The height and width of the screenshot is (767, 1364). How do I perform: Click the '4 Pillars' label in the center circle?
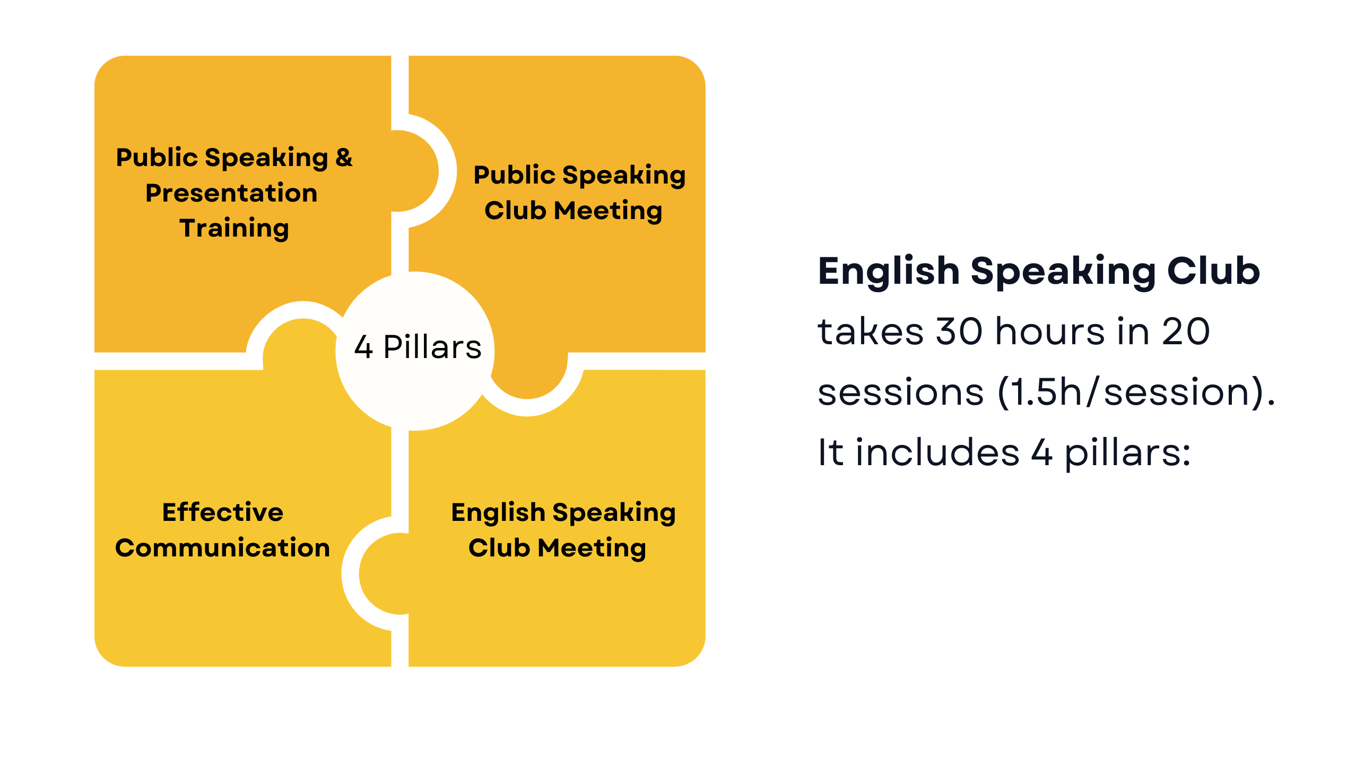point(418,347)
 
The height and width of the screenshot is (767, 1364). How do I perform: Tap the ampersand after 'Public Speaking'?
point(344,158)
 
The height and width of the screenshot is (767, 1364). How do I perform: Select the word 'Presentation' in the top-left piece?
point(231,193)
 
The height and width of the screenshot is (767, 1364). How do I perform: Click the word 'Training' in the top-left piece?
point(234,229)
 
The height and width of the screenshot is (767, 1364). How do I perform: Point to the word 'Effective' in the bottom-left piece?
point(223,512)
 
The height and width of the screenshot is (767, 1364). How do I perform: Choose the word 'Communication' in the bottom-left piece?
point(222,548)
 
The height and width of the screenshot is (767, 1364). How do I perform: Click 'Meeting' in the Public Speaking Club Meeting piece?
point(608,211)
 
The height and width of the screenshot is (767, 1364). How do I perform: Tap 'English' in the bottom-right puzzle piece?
point(498,513)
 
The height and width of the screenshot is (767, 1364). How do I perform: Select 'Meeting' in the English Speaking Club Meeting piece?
point(592,548)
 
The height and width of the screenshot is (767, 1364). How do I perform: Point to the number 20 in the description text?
point(1186,332)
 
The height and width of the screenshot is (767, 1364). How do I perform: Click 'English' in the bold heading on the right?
point(889,272)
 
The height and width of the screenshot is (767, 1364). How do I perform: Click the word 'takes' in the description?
point(871,332)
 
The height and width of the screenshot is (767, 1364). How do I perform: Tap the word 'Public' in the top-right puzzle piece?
point(515,175)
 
